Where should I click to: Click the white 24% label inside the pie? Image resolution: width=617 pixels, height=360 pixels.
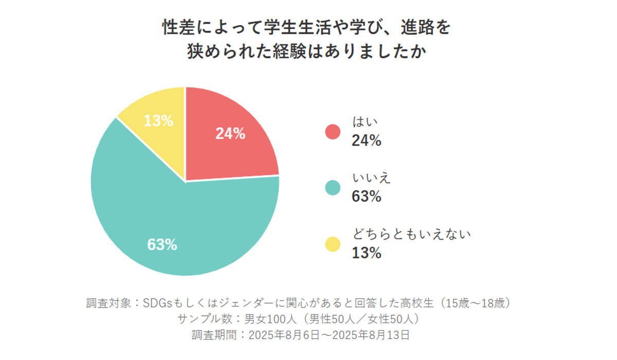click(230, 134)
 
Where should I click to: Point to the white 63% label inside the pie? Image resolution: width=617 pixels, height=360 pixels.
click(162, 245)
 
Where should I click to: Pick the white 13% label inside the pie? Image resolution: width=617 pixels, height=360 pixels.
click(158, 121)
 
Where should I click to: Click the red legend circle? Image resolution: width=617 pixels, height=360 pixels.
click(333, 132)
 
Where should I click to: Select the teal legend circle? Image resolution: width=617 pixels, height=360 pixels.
click(333, 188)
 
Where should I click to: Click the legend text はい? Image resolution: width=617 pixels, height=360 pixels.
click(365, 122)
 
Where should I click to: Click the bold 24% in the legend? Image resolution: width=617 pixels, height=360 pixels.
click(367, 140)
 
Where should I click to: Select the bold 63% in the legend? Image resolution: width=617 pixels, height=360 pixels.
click(367, 196)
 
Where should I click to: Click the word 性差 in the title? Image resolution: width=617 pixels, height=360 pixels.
click(179, 27)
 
